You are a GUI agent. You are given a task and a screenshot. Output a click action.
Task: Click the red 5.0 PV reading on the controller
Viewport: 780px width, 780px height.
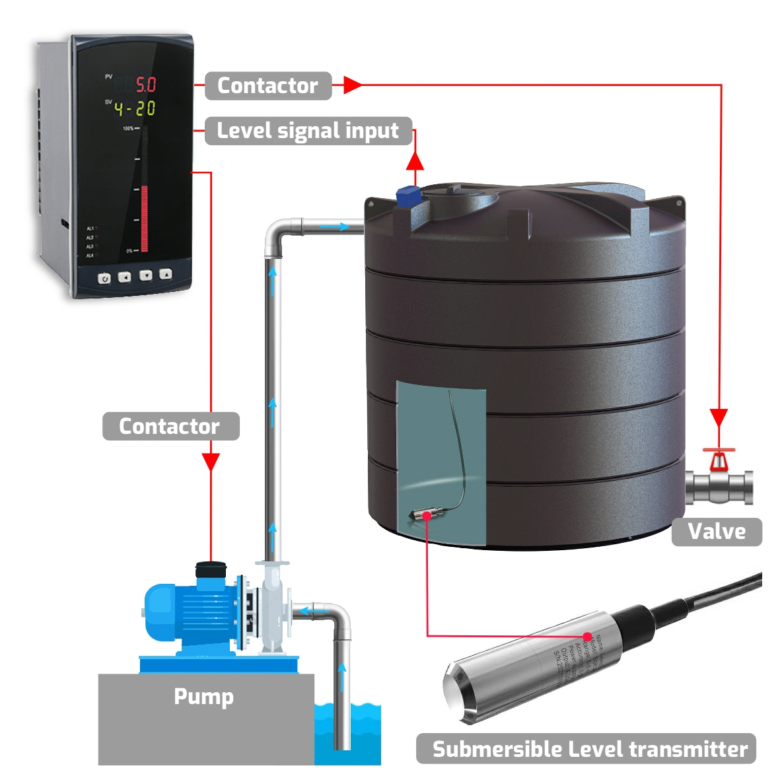point(145,85)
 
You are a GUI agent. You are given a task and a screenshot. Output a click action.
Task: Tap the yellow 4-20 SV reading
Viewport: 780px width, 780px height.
point(135,108)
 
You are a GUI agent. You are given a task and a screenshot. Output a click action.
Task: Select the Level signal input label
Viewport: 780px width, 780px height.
point(308,131)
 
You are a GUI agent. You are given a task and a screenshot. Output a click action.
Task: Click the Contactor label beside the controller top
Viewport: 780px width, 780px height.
point(267,86)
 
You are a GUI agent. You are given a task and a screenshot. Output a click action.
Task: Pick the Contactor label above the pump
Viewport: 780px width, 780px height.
point(169,427)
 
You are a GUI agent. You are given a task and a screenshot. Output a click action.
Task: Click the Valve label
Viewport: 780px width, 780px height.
point(717,532)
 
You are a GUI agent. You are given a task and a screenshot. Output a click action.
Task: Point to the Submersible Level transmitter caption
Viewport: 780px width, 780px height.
point(589,749)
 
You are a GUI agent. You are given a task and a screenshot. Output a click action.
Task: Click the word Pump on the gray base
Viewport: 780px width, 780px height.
point(203,697)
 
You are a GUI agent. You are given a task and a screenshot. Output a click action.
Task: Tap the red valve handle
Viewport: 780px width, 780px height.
point(718,456)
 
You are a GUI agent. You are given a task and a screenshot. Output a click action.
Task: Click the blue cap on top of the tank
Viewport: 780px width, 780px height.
point(409,195)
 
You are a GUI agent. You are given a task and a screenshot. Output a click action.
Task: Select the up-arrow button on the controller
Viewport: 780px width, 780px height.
point(166,274)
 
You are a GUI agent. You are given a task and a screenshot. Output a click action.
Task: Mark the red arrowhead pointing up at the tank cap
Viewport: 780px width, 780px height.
point(415,161)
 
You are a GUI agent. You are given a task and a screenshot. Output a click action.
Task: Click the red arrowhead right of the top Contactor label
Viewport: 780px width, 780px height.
point(352,85)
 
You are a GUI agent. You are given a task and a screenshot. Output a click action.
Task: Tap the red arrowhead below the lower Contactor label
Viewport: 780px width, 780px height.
point(211,462)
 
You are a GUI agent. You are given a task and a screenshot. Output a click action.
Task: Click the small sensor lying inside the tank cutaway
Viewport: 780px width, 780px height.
point(423,513)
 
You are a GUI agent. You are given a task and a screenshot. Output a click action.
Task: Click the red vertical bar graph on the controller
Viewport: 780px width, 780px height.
point(145,219)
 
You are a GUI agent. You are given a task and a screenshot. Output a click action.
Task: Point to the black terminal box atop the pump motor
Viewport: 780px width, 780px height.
point(211,569)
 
